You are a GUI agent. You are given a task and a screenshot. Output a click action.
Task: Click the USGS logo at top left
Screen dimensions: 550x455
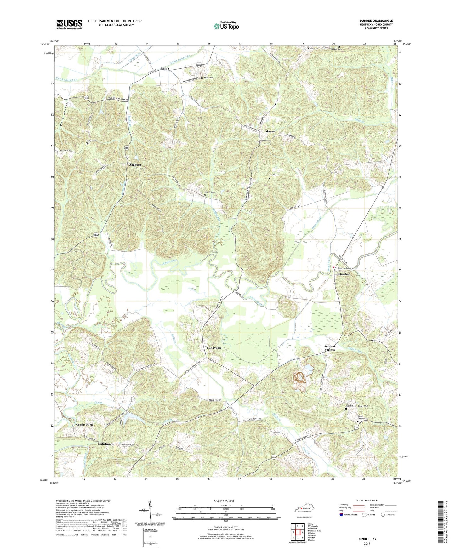click(69, 24)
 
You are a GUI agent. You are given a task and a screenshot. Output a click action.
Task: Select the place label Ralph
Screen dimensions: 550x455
click(165, 68)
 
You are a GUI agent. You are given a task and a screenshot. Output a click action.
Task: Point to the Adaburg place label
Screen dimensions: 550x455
click(135, 165)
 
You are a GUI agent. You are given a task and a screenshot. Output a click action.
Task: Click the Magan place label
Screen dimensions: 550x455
click(270, 131)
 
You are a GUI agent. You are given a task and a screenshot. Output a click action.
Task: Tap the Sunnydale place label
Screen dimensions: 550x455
click(214, 348)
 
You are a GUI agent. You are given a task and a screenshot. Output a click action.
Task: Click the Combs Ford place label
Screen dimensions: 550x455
click(84, 425)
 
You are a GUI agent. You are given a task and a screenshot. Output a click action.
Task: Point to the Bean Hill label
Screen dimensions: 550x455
click(363, 406)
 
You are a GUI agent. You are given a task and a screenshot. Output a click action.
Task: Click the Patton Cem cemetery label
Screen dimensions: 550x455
click(91, 140)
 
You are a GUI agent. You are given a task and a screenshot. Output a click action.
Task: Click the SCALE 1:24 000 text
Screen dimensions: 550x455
click(224, 501)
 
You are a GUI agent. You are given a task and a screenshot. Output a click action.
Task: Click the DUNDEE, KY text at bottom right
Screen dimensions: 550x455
click(367, 539)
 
